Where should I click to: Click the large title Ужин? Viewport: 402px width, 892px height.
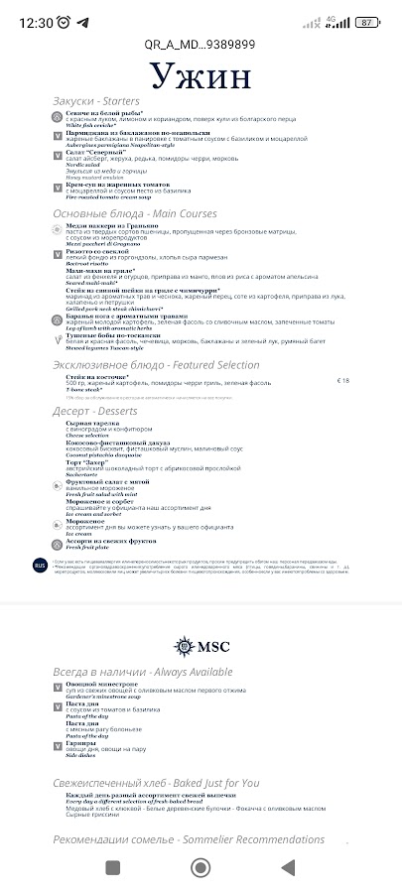[201, 78]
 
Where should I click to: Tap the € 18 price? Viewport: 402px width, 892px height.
[343, 380]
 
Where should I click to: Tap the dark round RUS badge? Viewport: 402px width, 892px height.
[40, 565]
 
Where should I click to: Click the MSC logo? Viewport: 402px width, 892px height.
[201, 646]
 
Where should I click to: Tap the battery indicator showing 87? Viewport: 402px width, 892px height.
[366, 22]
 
